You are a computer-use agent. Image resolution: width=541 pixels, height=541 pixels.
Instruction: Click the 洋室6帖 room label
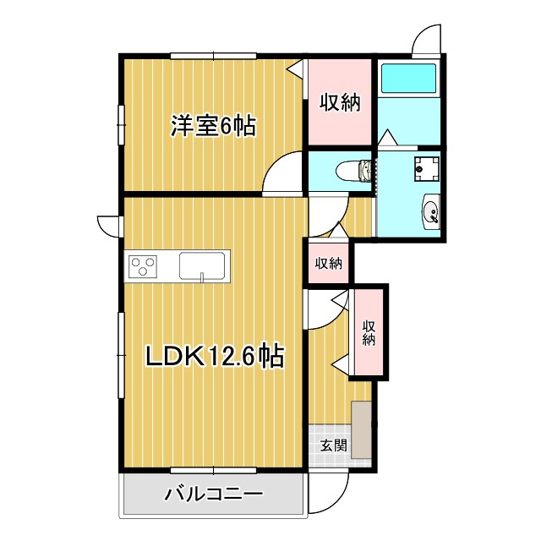(213, 126)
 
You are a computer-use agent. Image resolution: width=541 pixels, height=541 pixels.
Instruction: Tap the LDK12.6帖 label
(214, 357)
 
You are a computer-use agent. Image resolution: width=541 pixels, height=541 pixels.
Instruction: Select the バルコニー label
(214, 493)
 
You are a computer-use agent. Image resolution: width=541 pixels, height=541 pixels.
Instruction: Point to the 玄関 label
(333, 445)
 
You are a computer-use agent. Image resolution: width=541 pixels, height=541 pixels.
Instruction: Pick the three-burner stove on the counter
(143, 266)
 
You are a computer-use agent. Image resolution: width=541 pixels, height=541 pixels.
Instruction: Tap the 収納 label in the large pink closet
(340, 102)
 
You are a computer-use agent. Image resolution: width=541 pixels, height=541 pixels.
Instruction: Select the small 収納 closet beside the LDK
(329, 262)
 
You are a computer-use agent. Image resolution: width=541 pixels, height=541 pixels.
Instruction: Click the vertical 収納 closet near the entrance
(369, 332)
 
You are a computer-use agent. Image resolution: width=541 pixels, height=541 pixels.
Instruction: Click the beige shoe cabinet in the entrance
(362, 429)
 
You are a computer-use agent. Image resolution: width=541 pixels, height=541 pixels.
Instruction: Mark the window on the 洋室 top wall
(213, 56)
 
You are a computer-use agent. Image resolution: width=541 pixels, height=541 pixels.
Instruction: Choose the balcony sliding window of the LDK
(213, 469)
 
